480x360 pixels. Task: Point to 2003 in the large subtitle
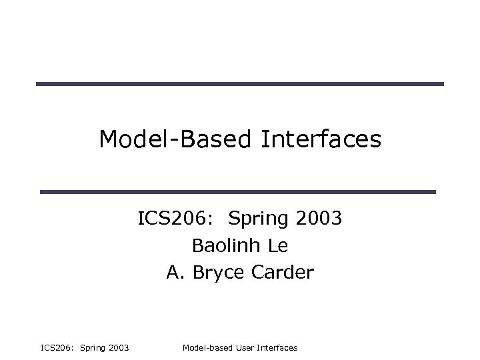click(x=318, y=219)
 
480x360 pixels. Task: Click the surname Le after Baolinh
click(x=278, y=245)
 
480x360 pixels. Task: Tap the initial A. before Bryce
click(x=175, y=272)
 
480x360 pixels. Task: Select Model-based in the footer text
click(x=205, y=348)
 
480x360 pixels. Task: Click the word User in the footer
click(x=243, y=348)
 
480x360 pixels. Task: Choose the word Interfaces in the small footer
click(x=277, y=348)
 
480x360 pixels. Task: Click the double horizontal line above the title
click(x=239, y=85)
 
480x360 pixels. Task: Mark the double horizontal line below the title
click(x=239, y=192)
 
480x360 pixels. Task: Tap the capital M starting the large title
click(x=109, y=139)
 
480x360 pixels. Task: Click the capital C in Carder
click(x=255, y=272)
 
